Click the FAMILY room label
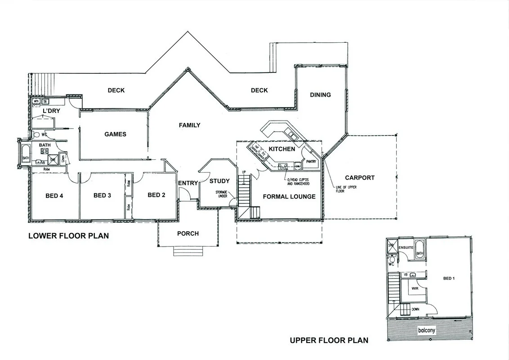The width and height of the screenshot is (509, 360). [x=189, y=125]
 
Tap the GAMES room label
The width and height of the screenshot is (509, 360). [x=115, y=134]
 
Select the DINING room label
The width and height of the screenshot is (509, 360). [x=320, y=95]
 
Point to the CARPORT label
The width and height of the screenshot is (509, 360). [x=360, y=178]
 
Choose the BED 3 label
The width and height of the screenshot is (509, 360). [x=102, y=195]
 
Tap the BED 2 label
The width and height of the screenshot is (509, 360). [x=156, y=195]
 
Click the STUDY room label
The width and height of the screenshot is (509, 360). [x=219, y=181]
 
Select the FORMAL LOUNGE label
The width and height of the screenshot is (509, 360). [x=289, y=197]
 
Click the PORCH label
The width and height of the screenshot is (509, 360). [x=188, y=233]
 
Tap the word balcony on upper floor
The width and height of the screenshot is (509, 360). [x=426, y=330]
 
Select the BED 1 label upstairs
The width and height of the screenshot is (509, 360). [x=449, y=279]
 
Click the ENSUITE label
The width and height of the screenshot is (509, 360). [x=406, y=247]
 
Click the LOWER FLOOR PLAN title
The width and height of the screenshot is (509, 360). [x=68, y=236]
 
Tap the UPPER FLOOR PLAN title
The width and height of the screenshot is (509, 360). [x=329, y=340]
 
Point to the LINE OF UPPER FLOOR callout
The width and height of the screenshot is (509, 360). [x=346, y=189]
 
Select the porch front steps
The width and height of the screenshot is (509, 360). [x=188, y=251]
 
